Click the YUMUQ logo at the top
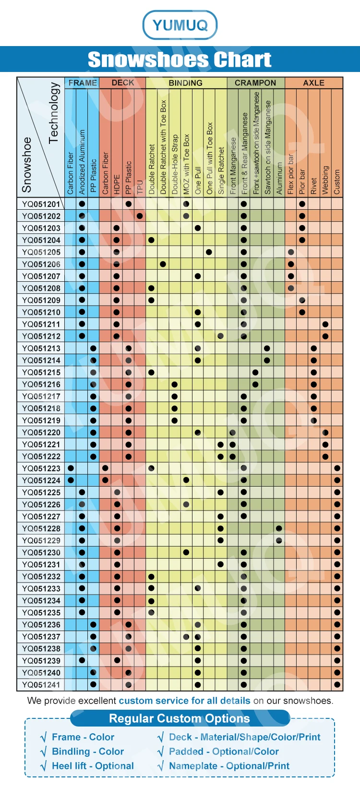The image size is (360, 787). [x=180, y=24]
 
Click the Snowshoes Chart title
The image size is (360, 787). [x=180, y=60]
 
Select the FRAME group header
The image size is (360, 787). [x=82, y=83]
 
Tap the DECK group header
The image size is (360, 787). [x=122, y=83]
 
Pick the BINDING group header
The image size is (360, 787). [x=185, y=83]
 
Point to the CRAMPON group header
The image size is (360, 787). [x=255, y=83]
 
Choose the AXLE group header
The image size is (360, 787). [x=313, y=83]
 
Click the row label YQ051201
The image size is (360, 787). [x=41, y=204]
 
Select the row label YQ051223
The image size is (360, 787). [x=41, y=468]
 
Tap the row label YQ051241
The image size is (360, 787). [x=41, y=685]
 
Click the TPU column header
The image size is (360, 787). [x=140, y=187]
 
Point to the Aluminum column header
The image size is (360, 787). [x=279, y=178]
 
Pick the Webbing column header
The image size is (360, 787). [x=325, y=180]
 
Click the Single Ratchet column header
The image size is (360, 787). [x=221, y=170]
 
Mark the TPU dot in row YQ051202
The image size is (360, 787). [x=140, y=216]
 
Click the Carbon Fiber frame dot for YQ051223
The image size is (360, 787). [x=71, y=468]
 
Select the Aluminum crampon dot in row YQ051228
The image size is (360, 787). [x=279, y=528]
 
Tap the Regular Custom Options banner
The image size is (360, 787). [x=180, y=718]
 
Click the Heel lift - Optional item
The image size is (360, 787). [x=93, y=766]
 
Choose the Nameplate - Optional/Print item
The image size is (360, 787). [x=229, y=766]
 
